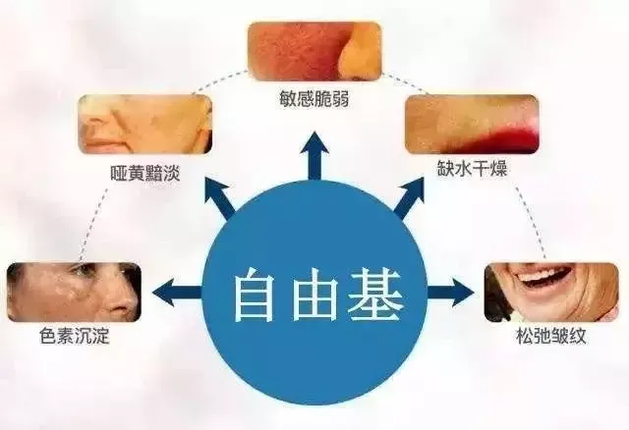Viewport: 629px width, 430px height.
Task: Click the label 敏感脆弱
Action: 314,99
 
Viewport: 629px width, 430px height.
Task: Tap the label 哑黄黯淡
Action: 145,174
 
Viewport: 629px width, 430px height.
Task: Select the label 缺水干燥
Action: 472,168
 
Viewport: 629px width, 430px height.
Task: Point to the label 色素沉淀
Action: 75,336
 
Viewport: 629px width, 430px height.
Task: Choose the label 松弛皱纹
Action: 550,336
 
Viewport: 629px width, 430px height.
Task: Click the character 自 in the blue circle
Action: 256,295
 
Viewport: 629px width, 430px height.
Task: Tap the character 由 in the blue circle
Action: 314,295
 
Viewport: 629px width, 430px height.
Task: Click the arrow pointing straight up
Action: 314,155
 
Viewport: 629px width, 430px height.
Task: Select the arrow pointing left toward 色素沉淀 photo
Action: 177,293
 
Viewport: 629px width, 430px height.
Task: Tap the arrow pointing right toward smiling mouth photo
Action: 450,293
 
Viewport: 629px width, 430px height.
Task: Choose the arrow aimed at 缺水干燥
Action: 409,196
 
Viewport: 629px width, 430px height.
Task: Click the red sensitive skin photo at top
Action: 314,52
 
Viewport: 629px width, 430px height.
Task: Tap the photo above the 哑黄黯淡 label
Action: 144,125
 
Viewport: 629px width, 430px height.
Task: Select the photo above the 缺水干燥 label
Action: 472,125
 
